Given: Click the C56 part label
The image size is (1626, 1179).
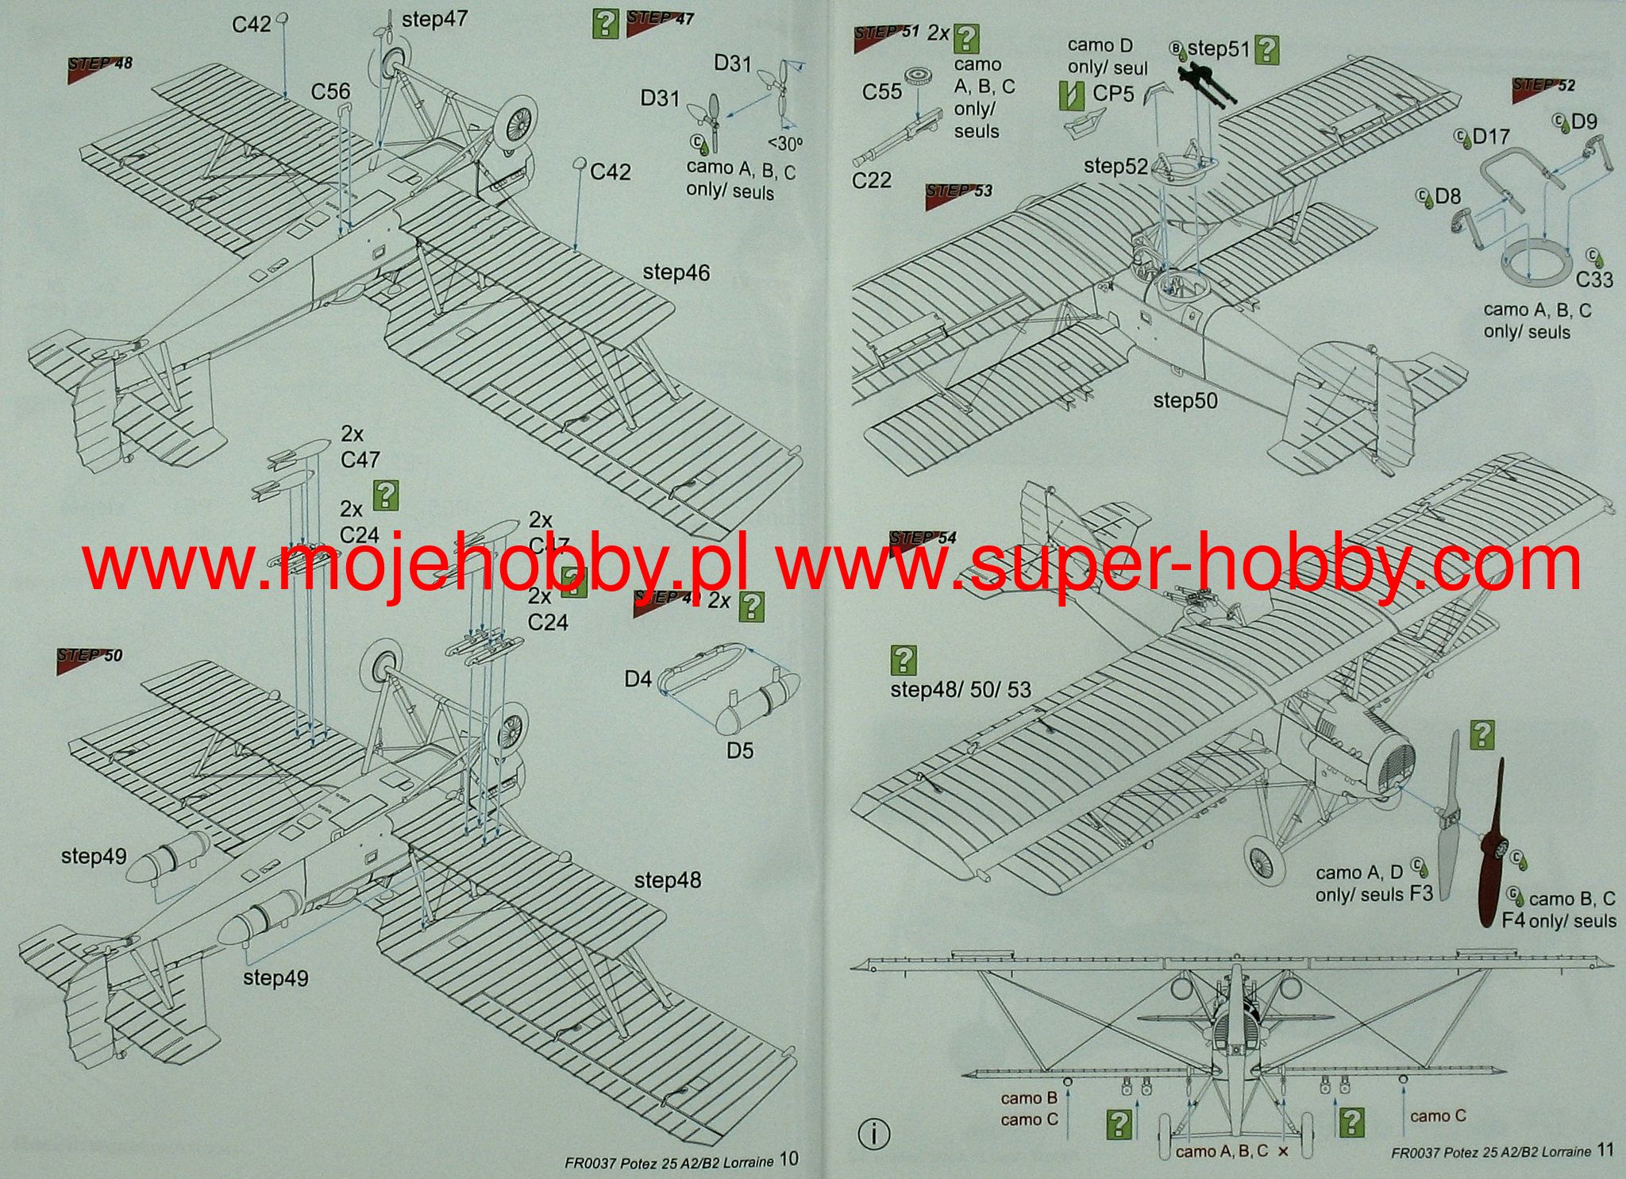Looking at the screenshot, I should pyautogui.click(x=330, y=92).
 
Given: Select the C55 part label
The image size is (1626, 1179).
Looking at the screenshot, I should pyautogui.click(x=882, y=92).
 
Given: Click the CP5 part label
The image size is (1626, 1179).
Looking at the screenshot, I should pyautogui.click(x=1113, y=94).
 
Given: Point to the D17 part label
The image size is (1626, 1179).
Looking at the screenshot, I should pyautogui.click(x=1490, y=137).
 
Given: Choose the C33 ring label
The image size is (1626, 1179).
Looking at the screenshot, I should pyautogui.click(x=1594, y=279).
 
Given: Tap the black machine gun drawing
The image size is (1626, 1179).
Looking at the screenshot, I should pyautogui.click(x=1206, y=84).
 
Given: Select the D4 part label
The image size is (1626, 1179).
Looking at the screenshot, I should pyautogui.click(x=638, y=679).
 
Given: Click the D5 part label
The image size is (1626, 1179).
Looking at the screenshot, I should pyautogui.click(x=739, y=750).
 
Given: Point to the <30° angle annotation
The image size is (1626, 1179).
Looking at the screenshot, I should pyautogui.click(x=785, y=144).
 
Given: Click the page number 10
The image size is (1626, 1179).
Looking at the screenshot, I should pyautogui.click(x=788, y=1159).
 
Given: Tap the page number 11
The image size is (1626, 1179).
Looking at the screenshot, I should pyautogui.click(x=1605, y=1150).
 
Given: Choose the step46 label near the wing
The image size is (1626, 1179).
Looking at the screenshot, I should pyautogui.click(x=676, y=272).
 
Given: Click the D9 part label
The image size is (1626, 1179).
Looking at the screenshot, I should pyautogui.click(x=1583, y=121).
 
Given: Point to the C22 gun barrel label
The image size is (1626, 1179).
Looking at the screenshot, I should pyautogui.click(x=871, y=181).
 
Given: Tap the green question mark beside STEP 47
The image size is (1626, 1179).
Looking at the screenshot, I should pyautogui.click(x=605, y=25).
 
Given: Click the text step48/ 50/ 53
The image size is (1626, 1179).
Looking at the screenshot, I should pyautogui.click(x=960, y=689).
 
